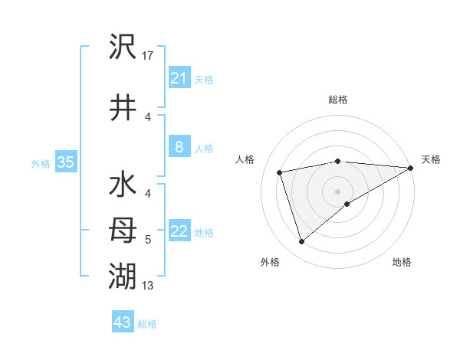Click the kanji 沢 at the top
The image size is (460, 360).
pos(123,47)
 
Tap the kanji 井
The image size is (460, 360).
pos(123,108)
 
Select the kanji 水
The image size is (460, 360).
pos(123,186)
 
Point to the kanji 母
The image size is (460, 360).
pos(123,231)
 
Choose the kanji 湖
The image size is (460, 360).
pos(123,275)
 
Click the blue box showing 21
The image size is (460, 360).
pos(179,78)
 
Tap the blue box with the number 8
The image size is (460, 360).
pos(179,148)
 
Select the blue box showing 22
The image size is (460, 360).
pos(179,232)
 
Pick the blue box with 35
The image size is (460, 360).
pos(65,162)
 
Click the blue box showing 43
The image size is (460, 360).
pos(123,322)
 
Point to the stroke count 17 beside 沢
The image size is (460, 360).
pos(148,56)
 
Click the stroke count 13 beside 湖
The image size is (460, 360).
pos(148,286)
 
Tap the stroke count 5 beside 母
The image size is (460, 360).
pos(148,240)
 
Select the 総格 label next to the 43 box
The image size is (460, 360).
pos(147,324)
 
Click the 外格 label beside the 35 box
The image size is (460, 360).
pos(41,163)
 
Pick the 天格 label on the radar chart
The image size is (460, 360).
pos(431,159)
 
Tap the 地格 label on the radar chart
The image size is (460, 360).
pos(402,262)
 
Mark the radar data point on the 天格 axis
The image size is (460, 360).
pos(411,168)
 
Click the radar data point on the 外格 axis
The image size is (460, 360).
pos(301,242)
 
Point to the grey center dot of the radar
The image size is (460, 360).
pos(337,191)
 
